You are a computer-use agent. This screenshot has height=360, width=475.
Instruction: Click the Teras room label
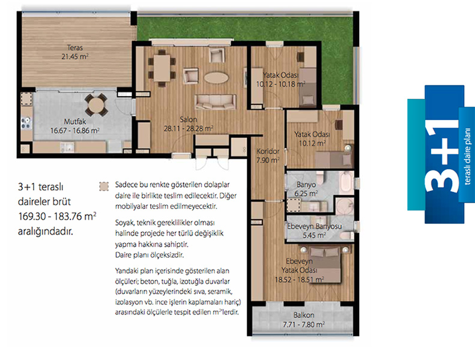75,48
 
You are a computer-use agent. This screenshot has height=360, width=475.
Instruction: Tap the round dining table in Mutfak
95,104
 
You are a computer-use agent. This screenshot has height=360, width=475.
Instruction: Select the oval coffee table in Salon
216,78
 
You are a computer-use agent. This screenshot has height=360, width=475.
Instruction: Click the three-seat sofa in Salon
216,102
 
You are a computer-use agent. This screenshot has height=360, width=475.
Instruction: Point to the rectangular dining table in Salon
162,68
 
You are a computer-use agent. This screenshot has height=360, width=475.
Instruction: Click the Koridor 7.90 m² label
268,155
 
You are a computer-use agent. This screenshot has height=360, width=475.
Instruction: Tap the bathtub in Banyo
346,182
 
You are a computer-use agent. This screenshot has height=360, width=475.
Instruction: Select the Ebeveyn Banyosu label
315,226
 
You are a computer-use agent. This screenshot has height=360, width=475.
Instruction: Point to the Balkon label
303,315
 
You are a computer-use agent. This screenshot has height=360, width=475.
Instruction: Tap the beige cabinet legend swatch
104,186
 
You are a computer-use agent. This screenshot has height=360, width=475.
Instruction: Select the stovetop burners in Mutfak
26,124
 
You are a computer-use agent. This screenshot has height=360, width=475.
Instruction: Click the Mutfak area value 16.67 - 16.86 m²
75,131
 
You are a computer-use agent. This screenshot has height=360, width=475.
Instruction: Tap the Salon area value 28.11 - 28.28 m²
189,128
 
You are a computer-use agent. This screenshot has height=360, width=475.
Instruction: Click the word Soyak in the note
124,223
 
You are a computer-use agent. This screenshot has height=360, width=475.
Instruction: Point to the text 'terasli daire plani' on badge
467,156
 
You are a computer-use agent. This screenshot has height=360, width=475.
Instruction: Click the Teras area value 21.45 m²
75,56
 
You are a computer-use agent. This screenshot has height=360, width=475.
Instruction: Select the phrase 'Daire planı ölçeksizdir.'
150,255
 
